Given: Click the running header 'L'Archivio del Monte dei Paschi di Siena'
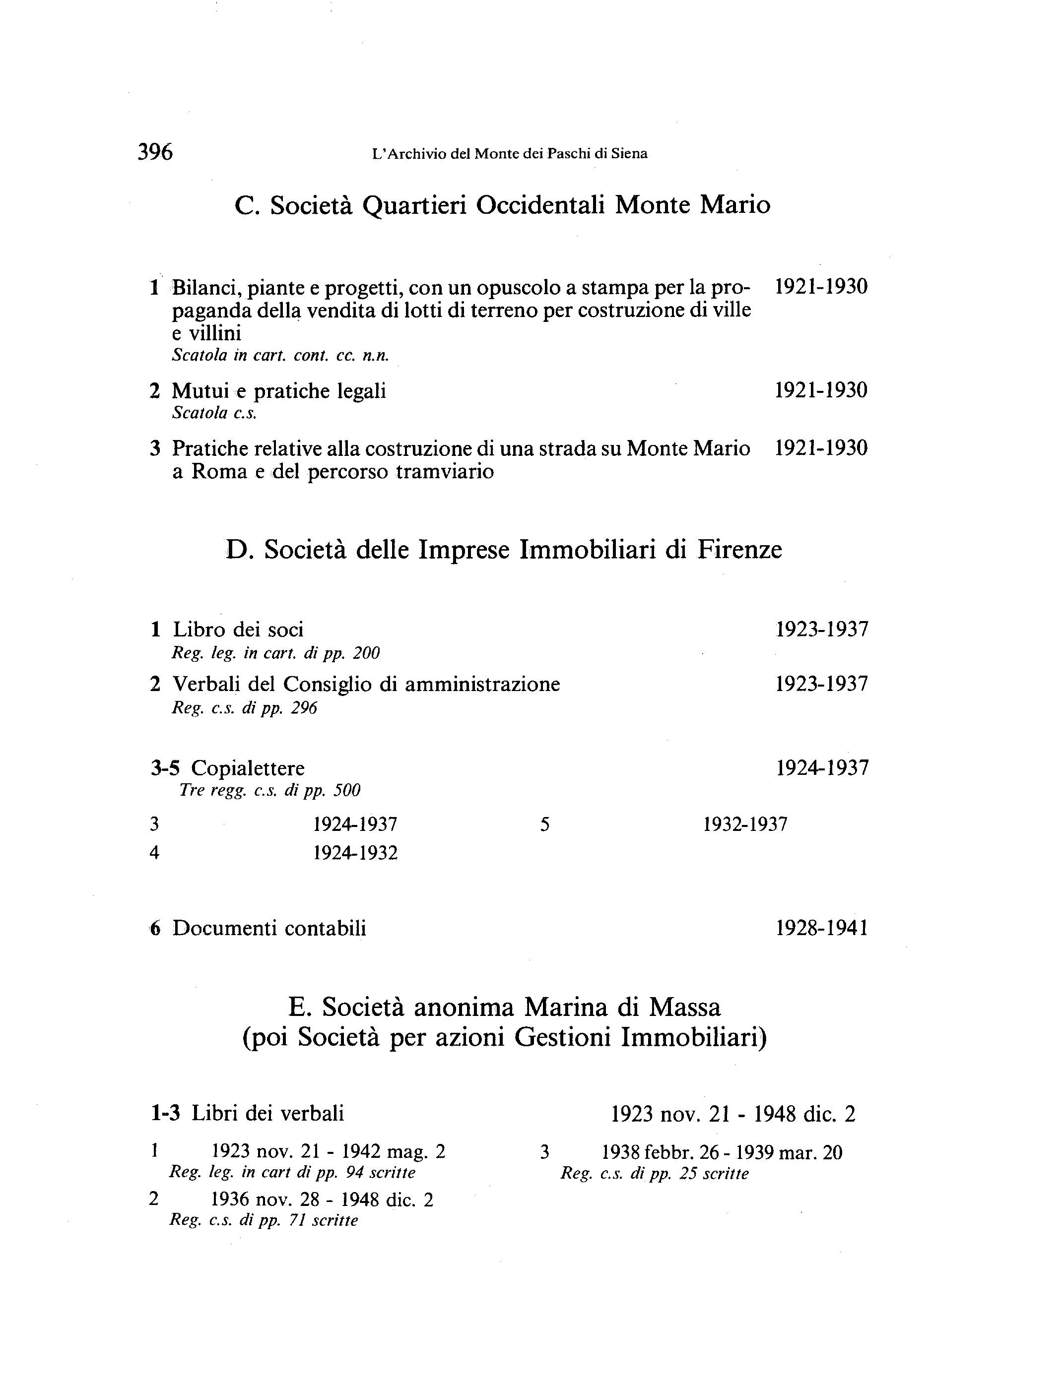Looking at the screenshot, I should coord(509,154).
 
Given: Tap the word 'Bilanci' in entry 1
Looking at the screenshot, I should coord(204,288).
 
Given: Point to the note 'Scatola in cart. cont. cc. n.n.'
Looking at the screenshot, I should coord(280,356).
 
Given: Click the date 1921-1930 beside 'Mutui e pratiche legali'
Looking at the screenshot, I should coord(821,390).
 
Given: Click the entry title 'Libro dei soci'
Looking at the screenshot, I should coord(238,630).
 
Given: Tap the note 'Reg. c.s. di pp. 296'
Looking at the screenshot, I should coord(244,708).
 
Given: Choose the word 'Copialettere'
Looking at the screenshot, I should coord(248,768).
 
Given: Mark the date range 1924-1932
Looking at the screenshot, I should coord(355,853).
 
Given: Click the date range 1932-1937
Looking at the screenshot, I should coord(745,824).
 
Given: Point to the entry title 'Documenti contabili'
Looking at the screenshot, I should coord(269,928).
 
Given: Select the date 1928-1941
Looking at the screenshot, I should coord(821,928).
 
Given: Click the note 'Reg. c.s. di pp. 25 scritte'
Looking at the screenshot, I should coord(654,1174).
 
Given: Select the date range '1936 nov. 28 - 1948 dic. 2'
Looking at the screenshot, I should coord(322,1200).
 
